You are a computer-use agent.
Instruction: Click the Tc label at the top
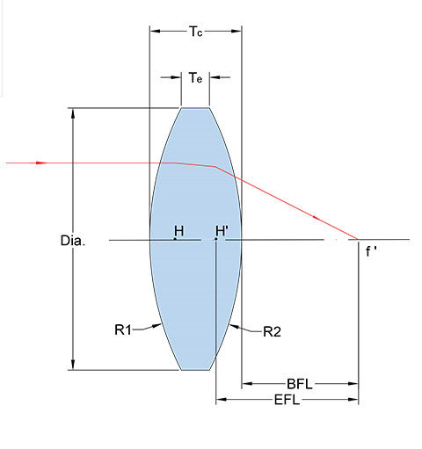(195, 32)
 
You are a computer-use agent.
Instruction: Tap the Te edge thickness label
(195, 78)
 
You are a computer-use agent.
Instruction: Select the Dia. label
(73, 241)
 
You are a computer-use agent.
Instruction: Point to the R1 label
(123, 330)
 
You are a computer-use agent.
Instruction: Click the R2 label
(272, 332)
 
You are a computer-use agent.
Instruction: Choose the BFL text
(300, 384)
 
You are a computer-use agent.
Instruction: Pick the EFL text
(287, 400)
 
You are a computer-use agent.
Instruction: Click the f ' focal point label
(371, 251)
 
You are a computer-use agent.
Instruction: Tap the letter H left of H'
(179, 231)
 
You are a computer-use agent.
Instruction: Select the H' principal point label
(222, 231)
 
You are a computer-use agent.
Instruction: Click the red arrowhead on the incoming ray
(41, 163)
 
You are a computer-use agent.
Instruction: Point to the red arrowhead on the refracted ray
(316, 218)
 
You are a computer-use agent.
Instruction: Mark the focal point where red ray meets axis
(358, 239)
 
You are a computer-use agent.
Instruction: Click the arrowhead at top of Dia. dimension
(73, 113)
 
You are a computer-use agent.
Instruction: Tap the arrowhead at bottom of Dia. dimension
(73, 365)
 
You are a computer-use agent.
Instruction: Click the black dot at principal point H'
(215, 239)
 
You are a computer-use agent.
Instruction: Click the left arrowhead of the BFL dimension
(247, 384)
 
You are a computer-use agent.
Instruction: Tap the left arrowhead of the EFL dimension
(222, 399)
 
